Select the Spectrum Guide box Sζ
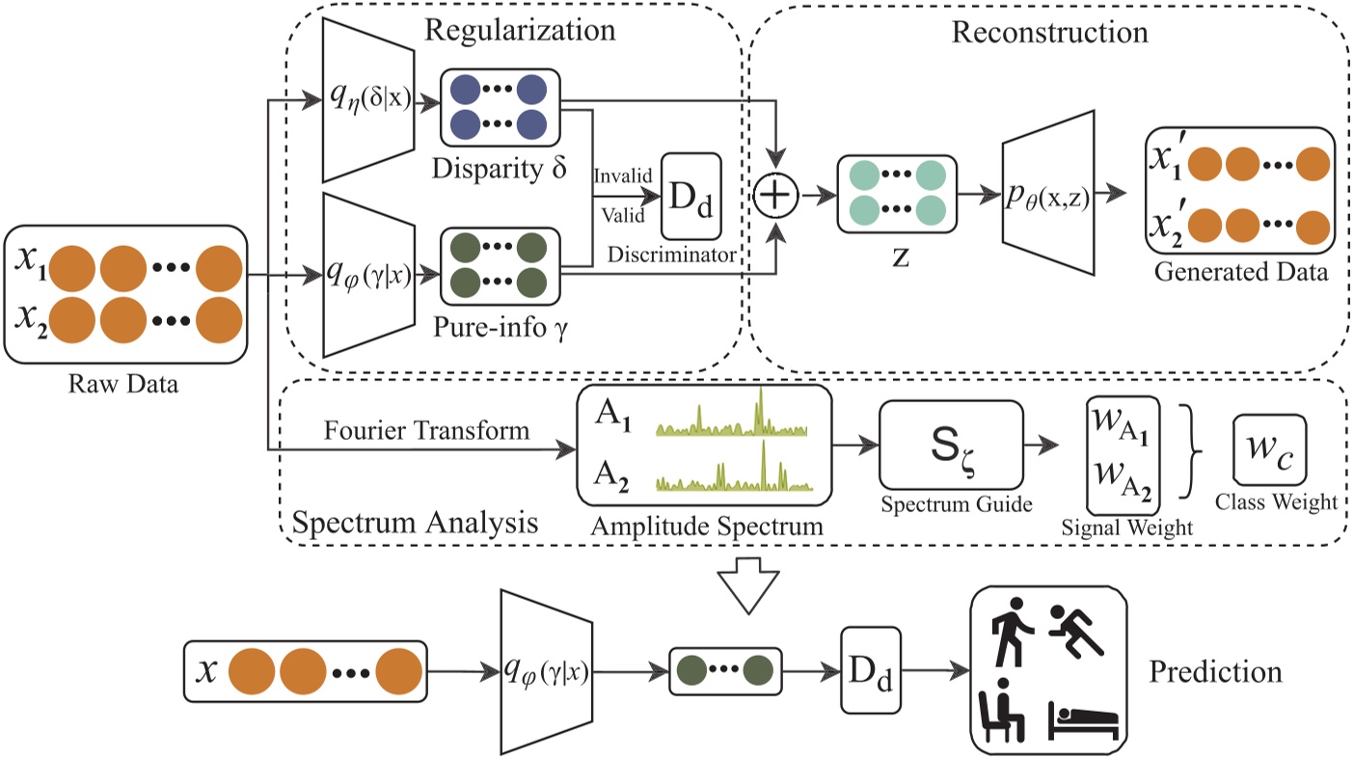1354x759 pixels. [949, 445]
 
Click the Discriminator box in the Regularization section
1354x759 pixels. [691, 197]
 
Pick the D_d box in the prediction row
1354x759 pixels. [870, 670]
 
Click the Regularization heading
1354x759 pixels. [521, 29]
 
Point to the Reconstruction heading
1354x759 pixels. [1049, 32]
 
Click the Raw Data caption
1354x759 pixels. [126, 384]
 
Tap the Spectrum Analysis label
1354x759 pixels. [414, 524]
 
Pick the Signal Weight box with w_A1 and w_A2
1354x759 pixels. [1123, 453]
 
